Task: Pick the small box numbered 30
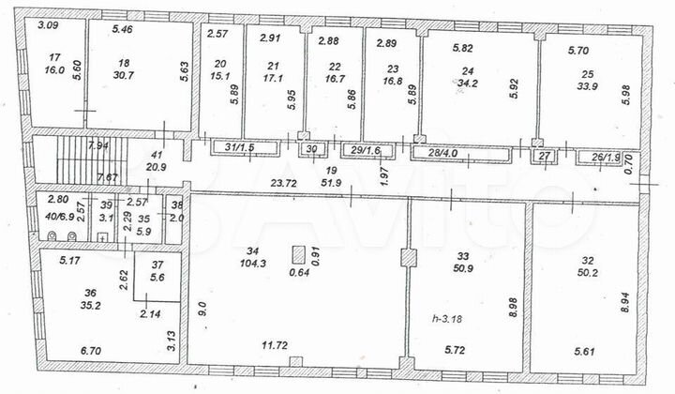click(312, 149)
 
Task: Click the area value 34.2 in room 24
click(464, 83)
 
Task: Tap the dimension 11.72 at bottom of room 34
click(276, 346)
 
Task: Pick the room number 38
click(175, 206)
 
